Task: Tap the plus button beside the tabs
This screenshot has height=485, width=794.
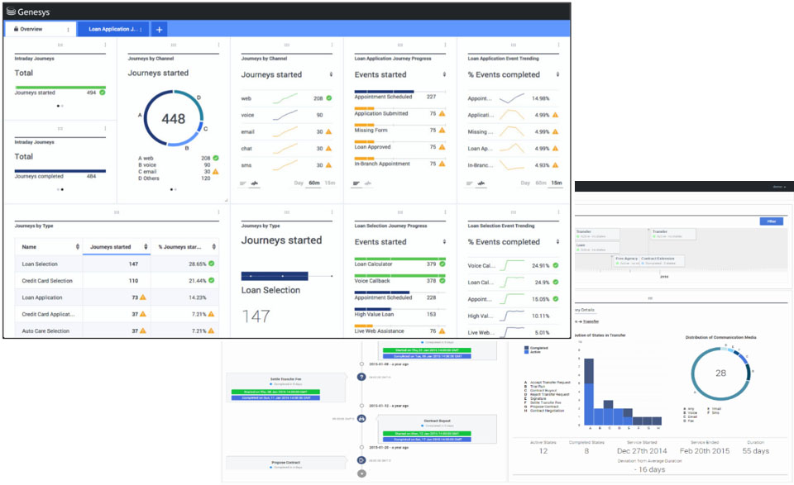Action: (159, 29)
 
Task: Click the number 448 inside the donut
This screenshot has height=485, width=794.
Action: (173, 119)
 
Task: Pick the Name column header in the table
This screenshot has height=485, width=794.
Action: (29, 246)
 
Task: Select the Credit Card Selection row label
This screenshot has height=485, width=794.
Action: (47, 281)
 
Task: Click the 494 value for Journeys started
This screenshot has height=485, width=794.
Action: (91, 93)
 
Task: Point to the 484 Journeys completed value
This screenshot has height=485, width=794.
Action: (91, 176)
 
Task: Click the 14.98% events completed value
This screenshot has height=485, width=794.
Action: (541, 97)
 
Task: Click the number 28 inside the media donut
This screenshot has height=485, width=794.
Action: (720, 373)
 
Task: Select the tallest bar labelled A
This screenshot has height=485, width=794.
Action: (589, 392)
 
